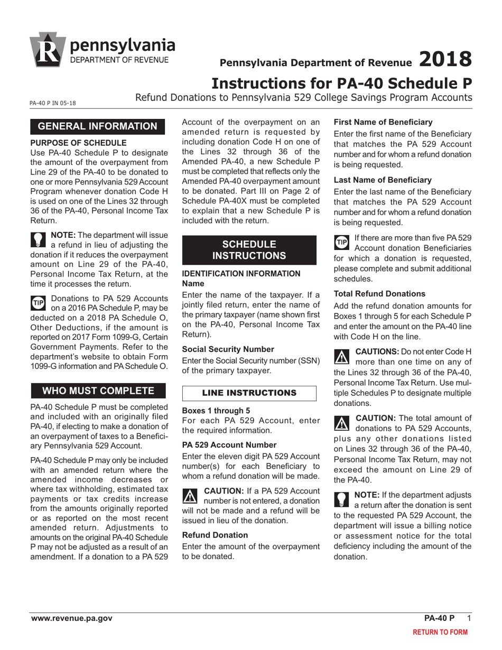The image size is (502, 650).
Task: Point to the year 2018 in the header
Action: pos(445,59)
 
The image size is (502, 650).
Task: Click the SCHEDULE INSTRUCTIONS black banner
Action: pos(249,250)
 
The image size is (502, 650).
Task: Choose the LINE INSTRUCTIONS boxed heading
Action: pos(249,393)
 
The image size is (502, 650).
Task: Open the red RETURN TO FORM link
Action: pos(440,632)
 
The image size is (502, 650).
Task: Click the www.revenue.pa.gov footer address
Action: pos(71,618)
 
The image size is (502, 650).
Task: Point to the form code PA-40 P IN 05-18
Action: pos(53,103)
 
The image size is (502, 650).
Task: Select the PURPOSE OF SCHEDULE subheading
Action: pos(78,143)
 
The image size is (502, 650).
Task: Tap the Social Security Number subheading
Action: pos(228,349)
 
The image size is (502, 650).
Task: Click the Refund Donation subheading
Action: pos(215,535)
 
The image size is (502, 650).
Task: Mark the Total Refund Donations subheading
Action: pos(379,293)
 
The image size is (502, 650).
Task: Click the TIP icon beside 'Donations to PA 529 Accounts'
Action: pos(39,303)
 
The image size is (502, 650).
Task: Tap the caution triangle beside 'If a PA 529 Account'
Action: pos(189,495)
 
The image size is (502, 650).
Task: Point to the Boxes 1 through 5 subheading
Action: pos(216,410)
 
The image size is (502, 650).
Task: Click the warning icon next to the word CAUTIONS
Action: pos(342,357)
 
